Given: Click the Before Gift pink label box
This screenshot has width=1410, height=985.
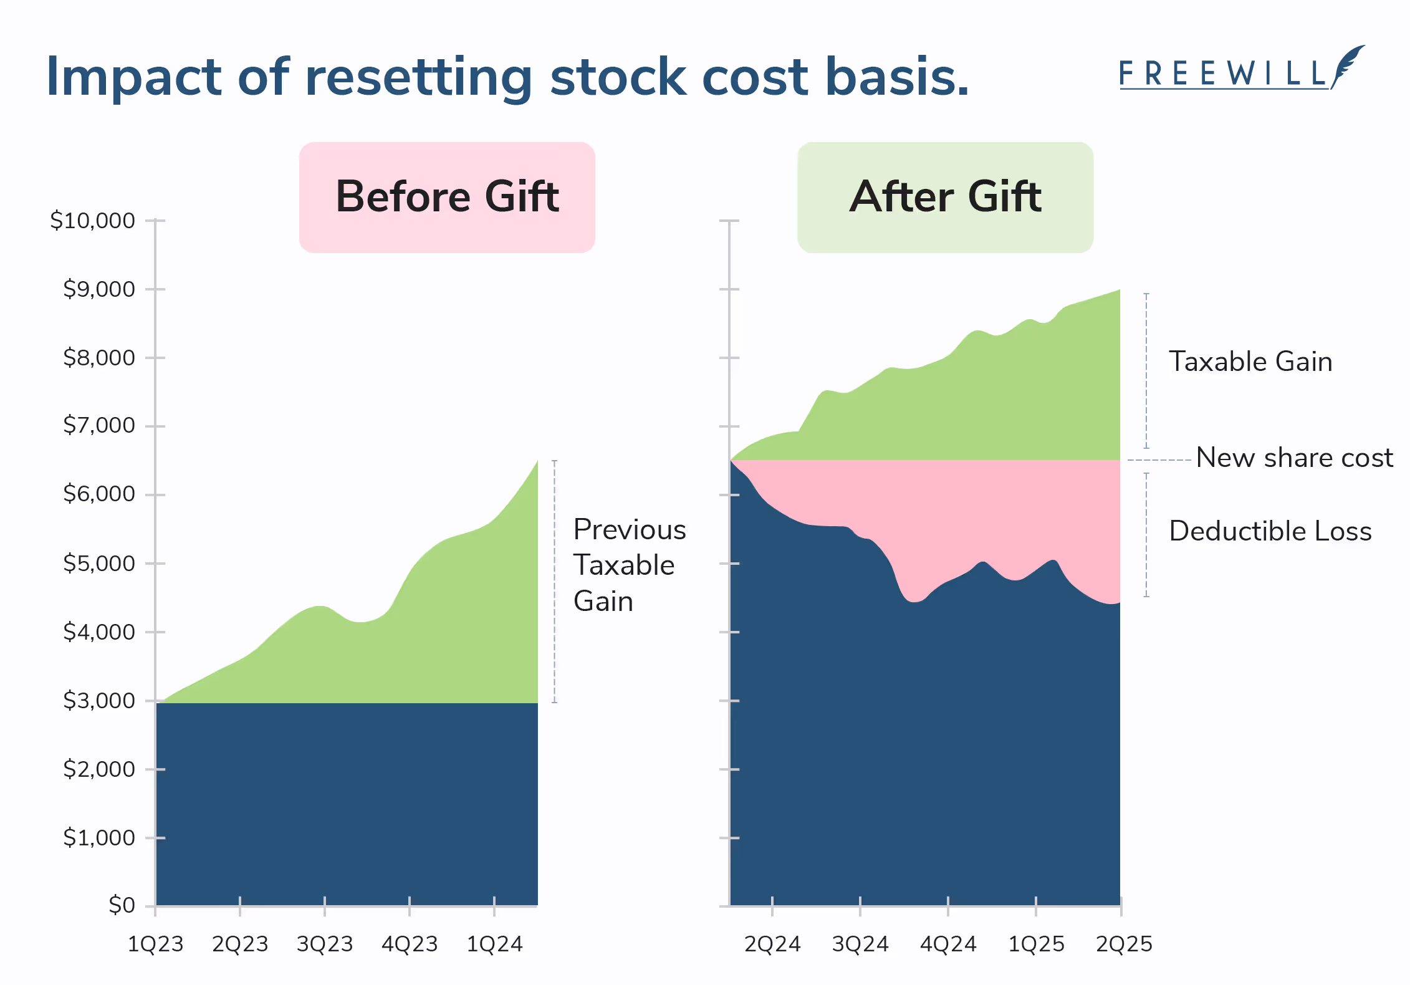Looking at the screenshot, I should click(x=447, y=197).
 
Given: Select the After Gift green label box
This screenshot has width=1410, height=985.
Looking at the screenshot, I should click(x=945, y=197).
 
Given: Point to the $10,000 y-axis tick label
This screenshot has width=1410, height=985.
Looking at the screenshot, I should click(x=92, y=220).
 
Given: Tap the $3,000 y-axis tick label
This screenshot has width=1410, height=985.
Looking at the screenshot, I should click(x=98, y=700).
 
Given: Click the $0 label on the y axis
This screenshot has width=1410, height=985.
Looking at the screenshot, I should click(x=122, y=905).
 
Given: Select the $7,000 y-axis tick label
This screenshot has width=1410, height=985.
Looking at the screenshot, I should click(x=98, y=425).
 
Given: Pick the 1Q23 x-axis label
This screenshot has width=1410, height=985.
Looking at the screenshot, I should click(x=155, y=944).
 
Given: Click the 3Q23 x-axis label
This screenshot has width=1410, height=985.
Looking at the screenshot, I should click(x=324, y=944).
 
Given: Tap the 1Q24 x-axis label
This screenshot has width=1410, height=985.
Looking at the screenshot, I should click(x=494, y=944).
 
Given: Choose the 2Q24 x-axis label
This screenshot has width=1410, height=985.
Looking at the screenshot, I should click(x=772, y=944).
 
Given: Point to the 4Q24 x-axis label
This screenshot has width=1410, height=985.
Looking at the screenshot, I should click(x=948, y=944).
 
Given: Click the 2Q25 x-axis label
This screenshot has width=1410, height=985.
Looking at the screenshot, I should click(x=1124, y=944).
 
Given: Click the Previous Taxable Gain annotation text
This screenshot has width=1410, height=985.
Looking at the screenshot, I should click(x=628, y=565).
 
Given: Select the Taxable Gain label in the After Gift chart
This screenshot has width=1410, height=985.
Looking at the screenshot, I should click(x=1250, y=362).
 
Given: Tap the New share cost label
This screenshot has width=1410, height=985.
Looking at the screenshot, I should click(x=1294, y=458).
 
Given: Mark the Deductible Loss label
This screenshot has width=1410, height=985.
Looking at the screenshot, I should click(x=1270, y=531).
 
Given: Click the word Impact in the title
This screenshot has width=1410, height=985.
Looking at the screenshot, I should click(x=133, y=77).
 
